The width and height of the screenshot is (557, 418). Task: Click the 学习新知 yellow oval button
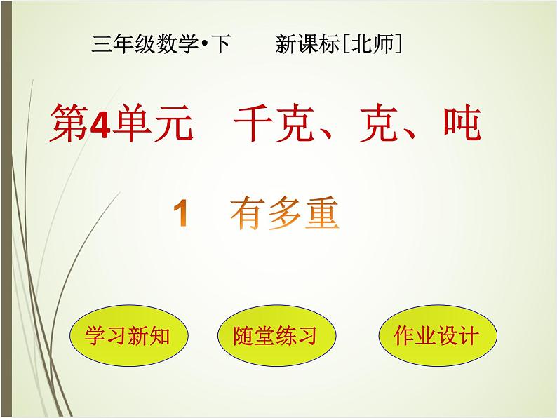(x=129, y=336)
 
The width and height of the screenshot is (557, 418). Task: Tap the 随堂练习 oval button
(x=275, y=336)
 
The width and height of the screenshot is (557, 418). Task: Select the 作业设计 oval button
(x=436, y=335)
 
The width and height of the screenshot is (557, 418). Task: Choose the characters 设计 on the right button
(x=457, y=335)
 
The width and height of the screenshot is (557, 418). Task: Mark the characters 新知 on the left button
(x=149, y=336)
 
